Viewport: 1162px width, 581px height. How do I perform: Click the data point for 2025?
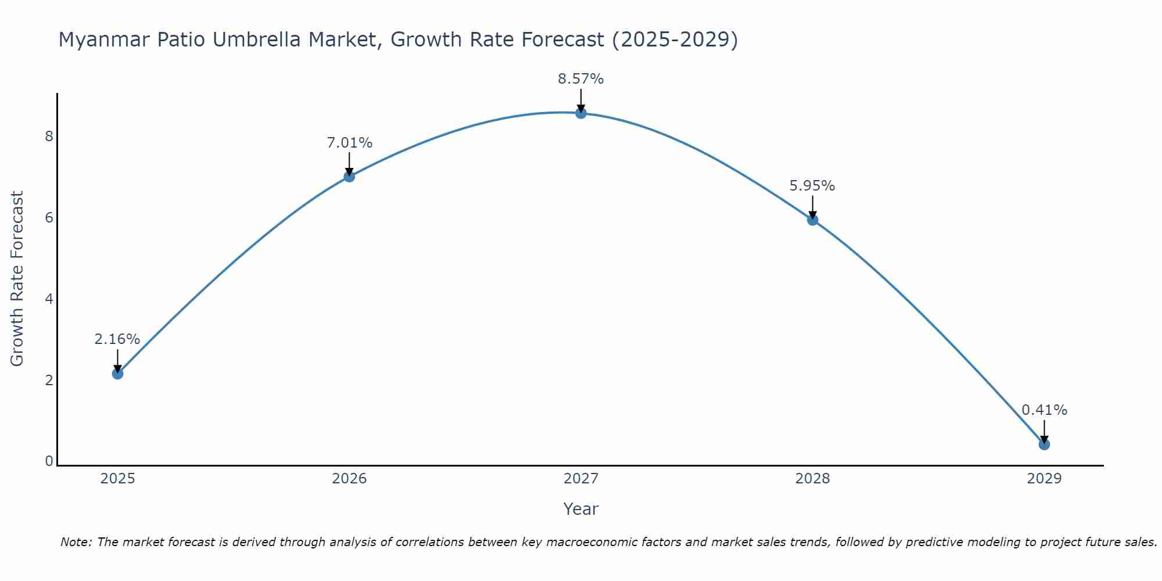coord(117,374)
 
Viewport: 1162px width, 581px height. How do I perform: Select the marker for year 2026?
coord(349,176)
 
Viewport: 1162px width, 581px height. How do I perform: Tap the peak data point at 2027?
coord(581,113)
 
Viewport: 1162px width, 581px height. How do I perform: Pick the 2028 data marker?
coord(813,220)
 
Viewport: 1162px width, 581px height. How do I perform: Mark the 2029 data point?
coord(1044,444)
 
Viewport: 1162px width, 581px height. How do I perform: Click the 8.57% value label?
coord(581,79)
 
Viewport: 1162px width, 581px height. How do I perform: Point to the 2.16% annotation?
coord(117,339)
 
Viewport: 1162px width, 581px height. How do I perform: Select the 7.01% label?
coord(349,143)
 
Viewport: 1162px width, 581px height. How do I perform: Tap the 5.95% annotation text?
coord(812,186)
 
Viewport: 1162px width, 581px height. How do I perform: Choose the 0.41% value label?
coord(1044,410)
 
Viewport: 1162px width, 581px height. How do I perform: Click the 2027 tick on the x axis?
coord(581,479)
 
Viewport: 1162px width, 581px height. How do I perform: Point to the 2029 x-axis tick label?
coord(1044,479)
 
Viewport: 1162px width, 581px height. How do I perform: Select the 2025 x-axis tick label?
coord(117,479)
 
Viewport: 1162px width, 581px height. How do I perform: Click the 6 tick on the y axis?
coord(49,218)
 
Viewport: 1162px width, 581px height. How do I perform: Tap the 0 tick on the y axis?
coord(49,461)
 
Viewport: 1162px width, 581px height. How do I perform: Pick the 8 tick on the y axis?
coord(49,137)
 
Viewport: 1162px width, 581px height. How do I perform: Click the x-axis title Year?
coord(581,509)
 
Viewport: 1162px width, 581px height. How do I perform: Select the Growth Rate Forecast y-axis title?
coord(17,279)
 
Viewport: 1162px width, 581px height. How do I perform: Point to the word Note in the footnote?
coord(75,542)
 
